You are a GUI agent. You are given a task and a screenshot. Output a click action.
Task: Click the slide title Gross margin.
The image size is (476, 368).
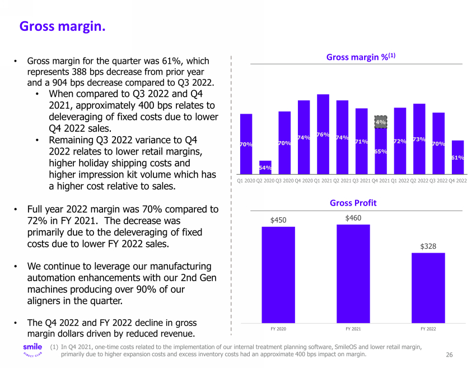click(x=62, y=26)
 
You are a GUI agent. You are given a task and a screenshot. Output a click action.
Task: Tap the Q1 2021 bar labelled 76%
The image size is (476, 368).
click(x=323, y=134)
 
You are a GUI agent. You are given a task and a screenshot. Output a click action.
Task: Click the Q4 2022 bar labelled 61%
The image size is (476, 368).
click(x=457, y=157)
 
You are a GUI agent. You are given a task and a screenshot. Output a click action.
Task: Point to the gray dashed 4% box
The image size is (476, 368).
click(x=381, y=122)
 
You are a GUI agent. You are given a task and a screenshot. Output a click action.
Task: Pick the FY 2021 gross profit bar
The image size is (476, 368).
click(x=353, y=273)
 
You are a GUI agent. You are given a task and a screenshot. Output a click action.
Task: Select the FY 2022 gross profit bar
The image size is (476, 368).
click(x=428, y=287)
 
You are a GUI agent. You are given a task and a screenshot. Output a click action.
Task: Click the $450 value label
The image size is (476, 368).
click(x=278, y=220)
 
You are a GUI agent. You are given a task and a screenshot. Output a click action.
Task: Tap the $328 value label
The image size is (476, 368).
click(x=428, y=246)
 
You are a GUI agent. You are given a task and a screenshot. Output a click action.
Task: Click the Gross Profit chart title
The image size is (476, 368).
click(x=353, y=203)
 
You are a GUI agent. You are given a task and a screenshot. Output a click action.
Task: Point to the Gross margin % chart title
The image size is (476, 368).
click(x=361, y=57)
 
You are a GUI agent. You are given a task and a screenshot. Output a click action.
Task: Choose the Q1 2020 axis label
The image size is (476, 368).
click(x=246, y=180)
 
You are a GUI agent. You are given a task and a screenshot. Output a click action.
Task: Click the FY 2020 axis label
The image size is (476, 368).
click(x=278, y=328)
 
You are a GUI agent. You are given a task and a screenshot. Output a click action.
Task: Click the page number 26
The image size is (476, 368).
click(x=449, y=355)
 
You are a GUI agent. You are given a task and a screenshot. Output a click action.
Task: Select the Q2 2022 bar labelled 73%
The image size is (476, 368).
click(x=419, y=139)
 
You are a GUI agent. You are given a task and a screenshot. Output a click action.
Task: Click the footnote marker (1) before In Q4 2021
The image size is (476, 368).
click(x=54, y=347)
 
